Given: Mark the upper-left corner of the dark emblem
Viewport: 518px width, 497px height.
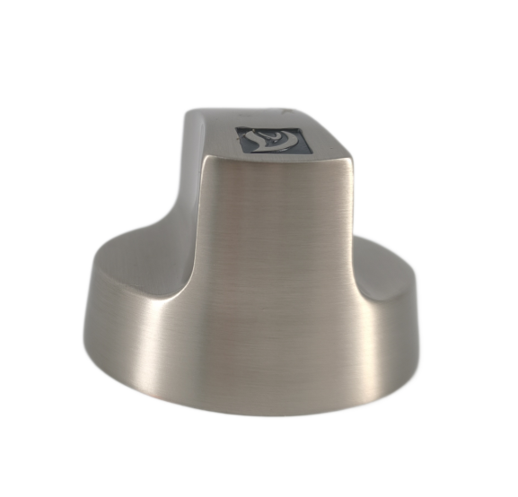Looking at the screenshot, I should pyautogui.click(x=238, y=127).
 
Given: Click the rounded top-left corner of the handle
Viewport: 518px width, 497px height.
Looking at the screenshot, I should pyautogui.click(x=191, y=115).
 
